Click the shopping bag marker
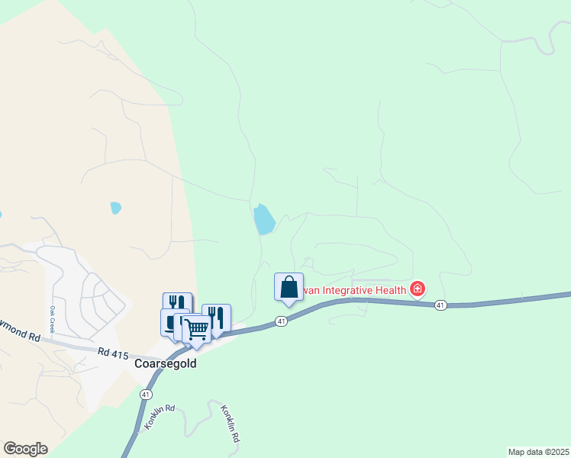pyautogui.click(x=289, y=288)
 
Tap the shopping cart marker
pyautogui.click(x=197, y=329)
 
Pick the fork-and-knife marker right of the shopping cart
pyautogui.click(x=217, y=318)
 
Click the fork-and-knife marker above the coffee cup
pyautogui.click(x=177, y=304)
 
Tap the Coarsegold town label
pyautogui.click(x=166, y=364)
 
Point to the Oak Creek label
pyautogui.click(x=54, y=318)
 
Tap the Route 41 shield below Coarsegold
pyautogui.click(x=146, y=394)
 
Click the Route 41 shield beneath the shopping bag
pyautogui.click(x=282, y=322)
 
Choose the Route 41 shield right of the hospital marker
pyautogui.click(x=440, y=305)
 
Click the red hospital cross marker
pyautogui.click(x=418, y=289)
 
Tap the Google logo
pyautogui.click(x=25, y=449)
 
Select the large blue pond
pyautogui.click(x=263, y=219)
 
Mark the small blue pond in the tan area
pyautogui.click(x=115, y=208)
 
